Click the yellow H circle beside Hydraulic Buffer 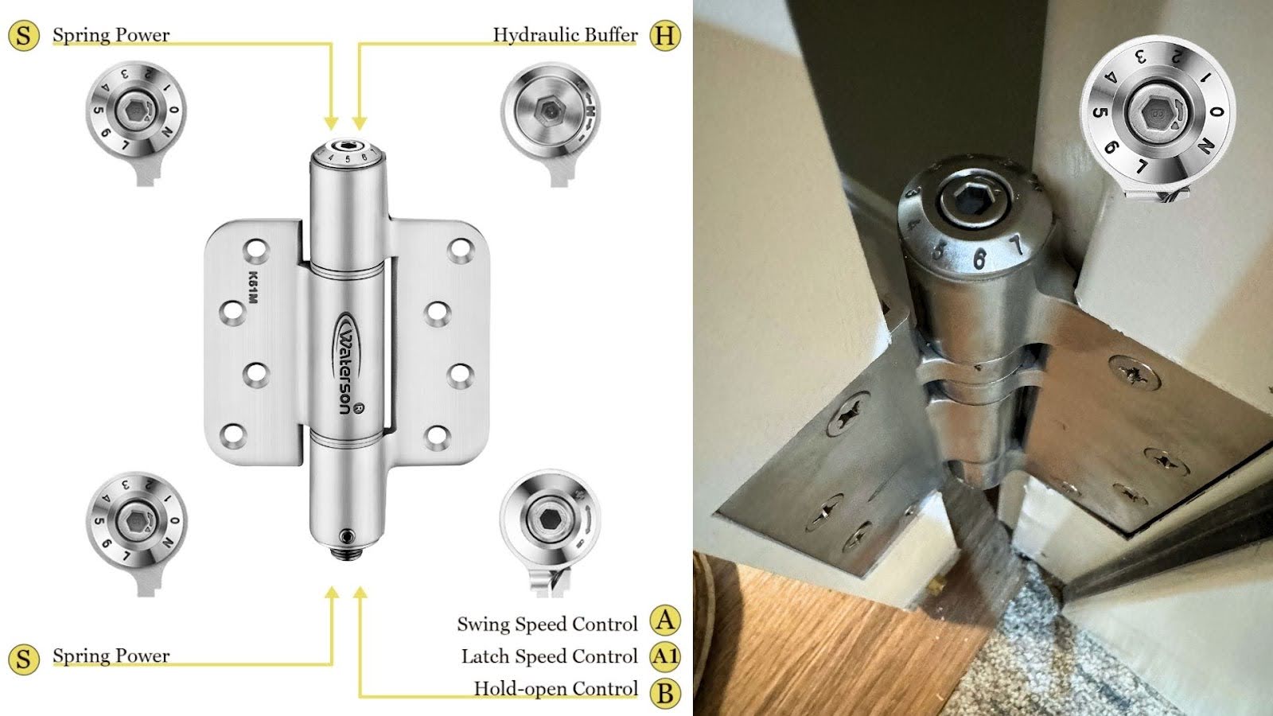pyautogui.click(x=664, y=36)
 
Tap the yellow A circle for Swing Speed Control pyautogui.click(x=665, y=621)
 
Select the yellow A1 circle pyautogui.click(x=665, y=656)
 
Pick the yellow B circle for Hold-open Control pyautogui.click(x=665, y=692)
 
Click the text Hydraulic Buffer pyautogui.click(x=565, y=35)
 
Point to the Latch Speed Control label pyautogui.click(x=549, y=656)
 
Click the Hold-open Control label pyautogui.click(x=555, y=689)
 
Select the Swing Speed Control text pyautogui.click(x=547, y=625)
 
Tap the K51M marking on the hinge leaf pyautogui.click(x=253, y=289)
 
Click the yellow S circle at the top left pyautogui.click(x=24, y=36)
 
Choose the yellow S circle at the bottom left pyautogui.click(x=24, y=660)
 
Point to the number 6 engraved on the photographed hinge pyautogui.click(x=979, y=258)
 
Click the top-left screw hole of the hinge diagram pyautogui.click(x=256, y=251)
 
